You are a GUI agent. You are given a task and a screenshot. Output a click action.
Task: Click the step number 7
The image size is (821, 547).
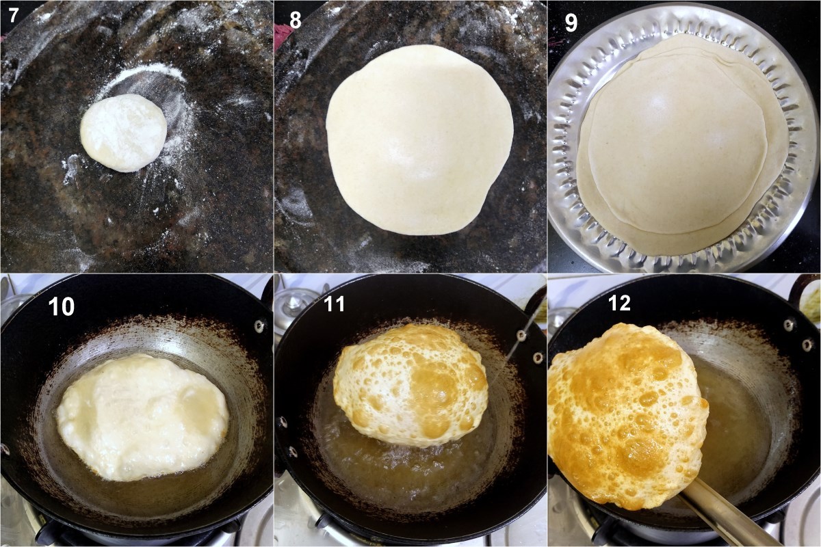[x=13, y=16]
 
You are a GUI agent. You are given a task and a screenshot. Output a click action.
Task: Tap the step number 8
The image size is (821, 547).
[x=295, y=22]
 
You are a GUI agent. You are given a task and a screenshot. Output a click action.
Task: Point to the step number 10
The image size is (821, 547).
[x=61, y=306]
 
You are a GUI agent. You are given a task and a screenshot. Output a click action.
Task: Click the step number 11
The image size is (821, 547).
[x=335, y=304]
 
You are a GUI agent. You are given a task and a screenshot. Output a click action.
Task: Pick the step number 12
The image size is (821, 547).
[x=619, y=303]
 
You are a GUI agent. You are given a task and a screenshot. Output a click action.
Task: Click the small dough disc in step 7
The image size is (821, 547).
[x=124, y=133]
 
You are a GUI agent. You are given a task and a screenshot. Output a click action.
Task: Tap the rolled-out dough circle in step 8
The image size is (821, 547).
[x=419, y=139]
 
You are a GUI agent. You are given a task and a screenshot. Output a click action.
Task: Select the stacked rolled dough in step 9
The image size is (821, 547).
[x=683, y=145]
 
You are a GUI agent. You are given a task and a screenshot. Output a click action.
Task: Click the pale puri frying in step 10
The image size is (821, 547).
[x=142, y=417]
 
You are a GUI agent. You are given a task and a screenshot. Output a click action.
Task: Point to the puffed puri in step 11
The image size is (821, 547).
[x=410, y=386]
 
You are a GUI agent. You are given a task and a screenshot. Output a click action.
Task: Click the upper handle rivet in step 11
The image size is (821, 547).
[x=521, y=335]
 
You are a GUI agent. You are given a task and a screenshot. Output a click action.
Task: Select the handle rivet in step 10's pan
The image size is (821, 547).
[x=259, y=325]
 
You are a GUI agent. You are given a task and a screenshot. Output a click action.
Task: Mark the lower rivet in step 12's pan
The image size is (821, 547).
[x=807, y=345]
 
